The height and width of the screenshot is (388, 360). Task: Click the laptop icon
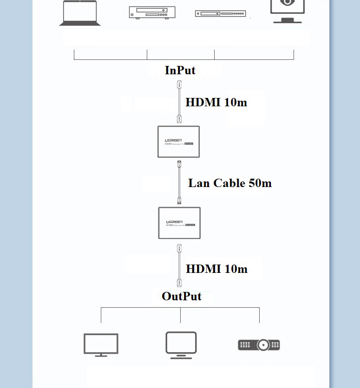click(80, 13)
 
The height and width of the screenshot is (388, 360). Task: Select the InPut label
click(180, 71)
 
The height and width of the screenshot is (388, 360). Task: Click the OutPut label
click(182, 296)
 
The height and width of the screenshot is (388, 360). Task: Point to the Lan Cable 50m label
click(230, 183)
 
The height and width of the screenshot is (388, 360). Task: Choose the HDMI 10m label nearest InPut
click(216, 103)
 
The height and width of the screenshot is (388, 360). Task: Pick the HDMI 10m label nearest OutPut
click(216, 269)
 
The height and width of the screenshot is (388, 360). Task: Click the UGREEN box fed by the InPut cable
click(179, 142)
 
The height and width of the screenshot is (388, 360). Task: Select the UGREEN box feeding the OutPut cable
click(179, 223)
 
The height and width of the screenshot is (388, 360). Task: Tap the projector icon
click(259, 345)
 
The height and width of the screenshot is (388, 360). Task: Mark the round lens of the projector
click(263, 345)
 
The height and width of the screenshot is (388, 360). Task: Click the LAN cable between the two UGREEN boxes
click(179, 182)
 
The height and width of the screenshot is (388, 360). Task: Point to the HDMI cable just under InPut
click(179, 102)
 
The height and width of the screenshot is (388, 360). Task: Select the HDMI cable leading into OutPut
click(179, 266)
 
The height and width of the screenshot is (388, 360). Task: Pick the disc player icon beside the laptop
click(152, 13)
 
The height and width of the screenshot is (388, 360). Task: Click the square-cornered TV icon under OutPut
click(101, 345)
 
